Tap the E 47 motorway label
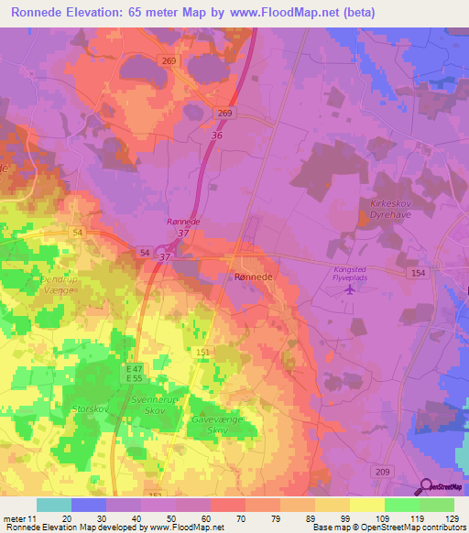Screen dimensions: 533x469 tap(135, 367)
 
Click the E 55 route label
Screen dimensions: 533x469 tap(135, 377)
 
